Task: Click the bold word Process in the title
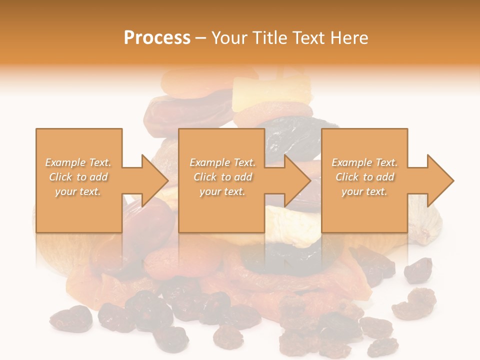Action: click(x=157, y=37)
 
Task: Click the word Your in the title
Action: click(x=228, y=37)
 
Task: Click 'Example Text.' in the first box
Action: click(x=78, y=162)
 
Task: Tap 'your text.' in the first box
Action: click(x=78, y=191)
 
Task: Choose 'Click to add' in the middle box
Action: click(x=222, y=177)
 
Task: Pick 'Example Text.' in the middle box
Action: click(x=222, y=162)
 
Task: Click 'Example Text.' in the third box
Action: click(x=364, y=162)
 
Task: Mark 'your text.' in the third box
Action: click(x=364, y=191)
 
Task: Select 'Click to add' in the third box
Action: click(x=364, y=177)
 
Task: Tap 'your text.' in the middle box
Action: click(x=222, y=191)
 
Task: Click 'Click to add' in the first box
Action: click(x=78, y=177)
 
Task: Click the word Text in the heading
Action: click(x=307, y=37)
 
